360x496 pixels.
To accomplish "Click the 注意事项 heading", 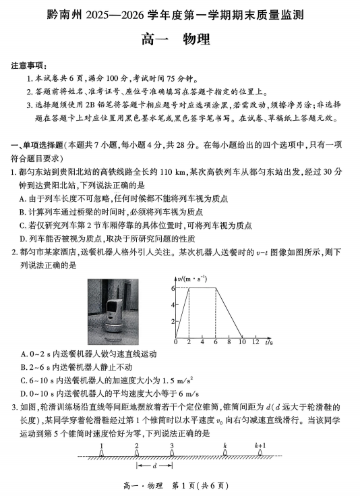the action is [29, 66].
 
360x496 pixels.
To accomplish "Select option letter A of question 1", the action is [24, 198].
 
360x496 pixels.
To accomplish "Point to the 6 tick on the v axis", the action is [173, 288].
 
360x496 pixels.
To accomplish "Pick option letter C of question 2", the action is [24, 380].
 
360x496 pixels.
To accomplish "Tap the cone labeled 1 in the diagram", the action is [101, 455].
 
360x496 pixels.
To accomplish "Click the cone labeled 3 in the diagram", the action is [172, 455].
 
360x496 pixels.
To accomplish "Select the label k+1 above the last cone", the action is [260, 446].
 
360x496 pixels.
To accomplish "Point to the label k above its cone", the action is [224, 446].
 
